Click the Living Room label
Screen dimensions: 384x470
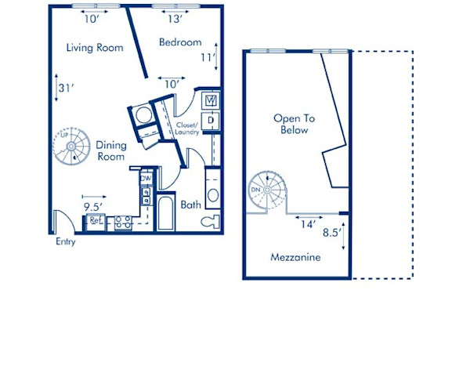(x=95, y=48)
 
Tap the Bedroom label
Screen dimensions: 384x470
(x=179, y=42)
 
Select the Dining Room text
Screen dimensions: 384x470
(x=110, y=150)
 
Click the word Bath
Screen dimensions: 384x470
(x=191, y=205)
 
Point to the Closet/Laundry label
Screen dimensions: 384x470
(x=186, y=127)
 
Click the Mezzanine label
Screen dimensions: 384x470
(x=295, y=257)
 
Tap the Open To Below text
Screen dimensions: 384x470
(x=294, y=124)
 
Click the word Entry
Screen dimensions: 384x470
(x=66, y=242)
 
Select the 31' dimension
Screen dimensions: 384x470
(x=66, y=88)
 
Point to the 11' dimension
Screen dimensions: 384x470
(x=207, y=57)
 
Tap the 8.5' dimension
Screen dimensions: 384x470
(x=331, y=232)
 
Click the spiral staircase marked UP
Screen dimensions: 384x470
(x=71, y=146)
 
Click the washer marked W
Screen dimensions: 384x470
(x=210, y=101)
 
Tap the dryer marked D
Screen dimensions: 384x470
(x=210, y=120)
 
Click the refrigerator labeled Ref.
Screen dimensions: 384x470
(x=96, y=222)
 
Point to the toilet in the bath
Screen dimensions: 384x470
(x=210, y=221)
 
